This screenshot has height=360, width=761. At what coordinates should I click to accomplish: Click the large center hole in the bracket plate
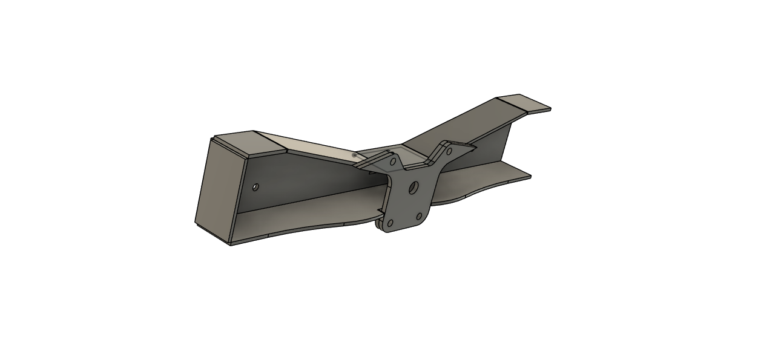pyautogui.click(x=413, y=187)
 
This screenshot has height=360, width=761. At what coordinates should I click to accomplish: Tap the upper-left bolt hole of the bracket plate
pyautogui.click(x=393, y=162)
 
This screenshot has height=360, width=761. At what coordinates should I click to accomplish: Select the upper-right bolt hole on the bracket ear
pyautogui.click(x=449, y=150)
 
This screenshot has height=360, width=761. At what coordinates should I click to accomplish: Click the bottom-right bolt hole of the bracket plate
pyautogui.click(x=419, y=216)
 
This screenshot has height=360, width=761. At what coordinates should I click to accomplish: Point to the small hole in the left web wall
pyautogui.click(x=255, y=187)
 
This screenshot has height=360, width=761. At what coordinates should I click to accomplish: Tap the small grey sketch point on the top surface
pyautogui.click(x=354, y=155)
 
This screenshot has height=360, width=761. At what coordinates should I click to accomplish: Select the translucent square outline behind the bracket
pyautogui.click(x=378, y=156)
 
